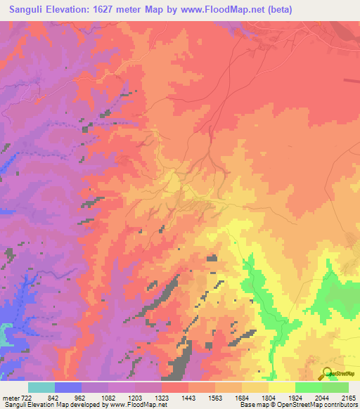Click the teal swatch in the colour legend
(41, 387)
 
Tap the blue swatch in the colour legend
(68, 387)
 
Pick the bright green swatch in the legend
(309, 387)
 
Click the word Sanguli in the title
(26, 10)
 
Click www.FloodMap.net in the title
(218, 10)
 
